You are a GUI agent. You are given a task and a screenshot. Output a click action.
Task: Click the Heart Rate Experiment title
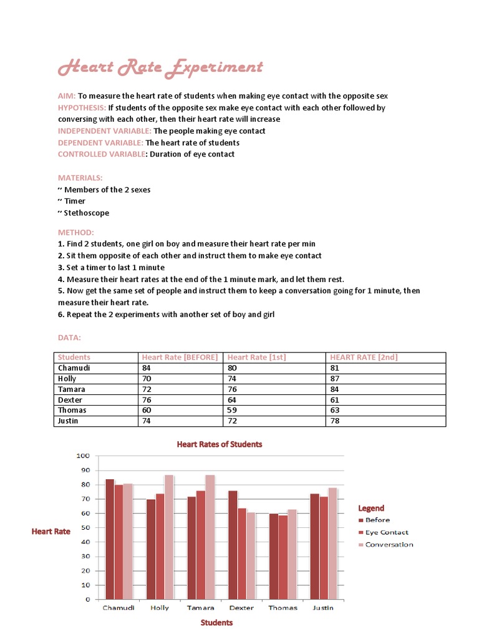coord(160,68)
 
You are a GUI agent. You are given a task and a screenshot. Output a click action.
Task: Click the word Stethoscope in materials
coord(87,213)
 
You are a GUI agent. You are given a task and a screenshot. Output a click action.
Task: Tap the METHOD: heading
coord(76,232)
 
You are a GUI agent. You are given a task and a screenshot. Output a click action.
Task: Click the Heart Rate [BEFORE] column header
coord(180,358)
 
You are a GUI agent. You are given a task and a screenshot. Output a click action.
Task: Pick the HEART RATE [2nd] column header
coord(364,358)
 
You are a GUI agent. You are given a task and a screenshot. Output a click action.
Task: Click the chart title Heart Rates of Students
coord(220,444)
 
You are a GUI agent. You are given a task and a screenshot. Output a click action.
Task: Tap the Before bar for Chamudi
coord(110,539)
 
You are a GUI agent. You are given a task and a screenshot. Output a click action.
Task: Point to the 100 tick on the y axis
coord(84,456)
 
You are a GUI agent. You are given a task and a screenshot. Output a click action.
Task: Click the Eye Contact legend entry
coord(387,532)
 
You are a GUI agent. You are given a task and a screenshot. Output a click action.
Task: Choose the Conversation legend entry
coord(389,545)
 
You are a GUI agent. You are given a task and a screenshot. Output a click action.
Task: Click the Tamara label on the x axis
coord(200,608)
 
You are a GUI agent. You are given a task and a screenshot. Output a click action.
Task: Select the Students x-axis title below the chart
coord(216,622)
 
